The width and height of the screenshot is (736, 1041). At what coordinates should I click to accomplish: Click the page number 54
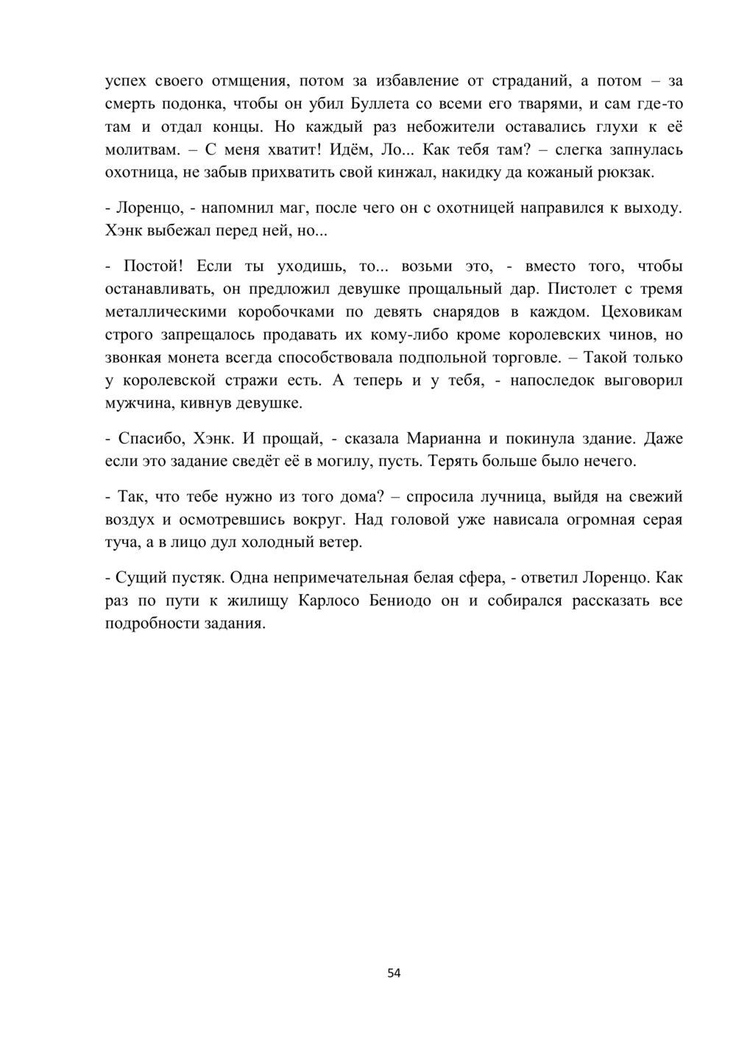(394, 973)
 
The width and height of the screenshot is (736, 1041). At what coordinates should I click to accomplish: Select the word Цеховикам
(642, 311)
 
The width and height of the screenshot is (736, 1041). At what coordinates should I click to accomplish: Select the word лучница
(502, 497)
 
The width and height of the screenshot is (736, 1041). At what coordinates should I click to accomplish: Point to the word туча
(123, 543)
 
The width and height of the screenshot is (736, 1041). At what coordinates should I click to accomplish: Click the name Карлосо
(330, 601)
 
